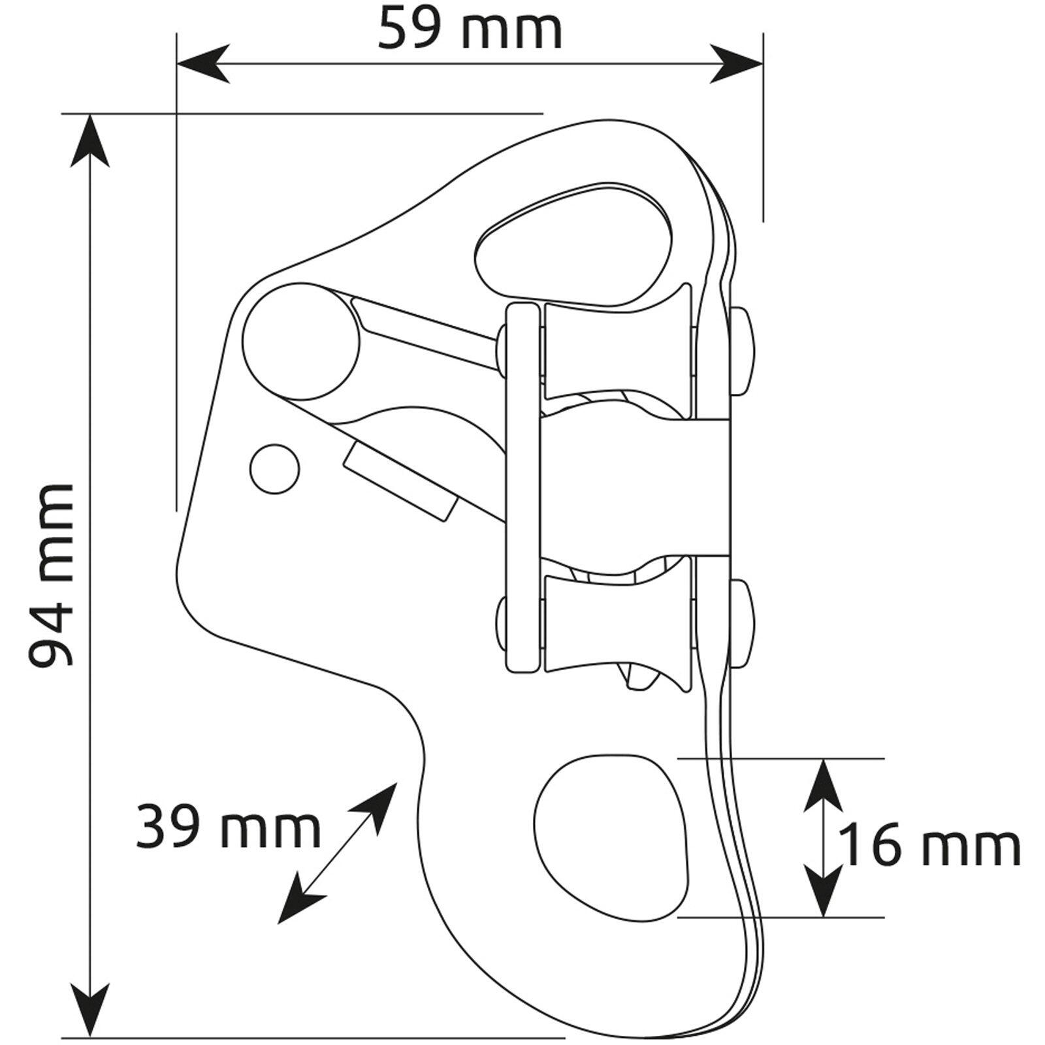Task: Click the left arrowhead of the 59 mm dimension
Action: pos(203,64)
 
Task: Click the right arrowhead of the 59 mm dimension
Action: pos(737,64)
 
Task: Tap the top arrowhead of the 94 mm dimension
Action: pos(90,141)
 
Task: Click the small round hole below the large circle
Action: pos(275,468)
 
